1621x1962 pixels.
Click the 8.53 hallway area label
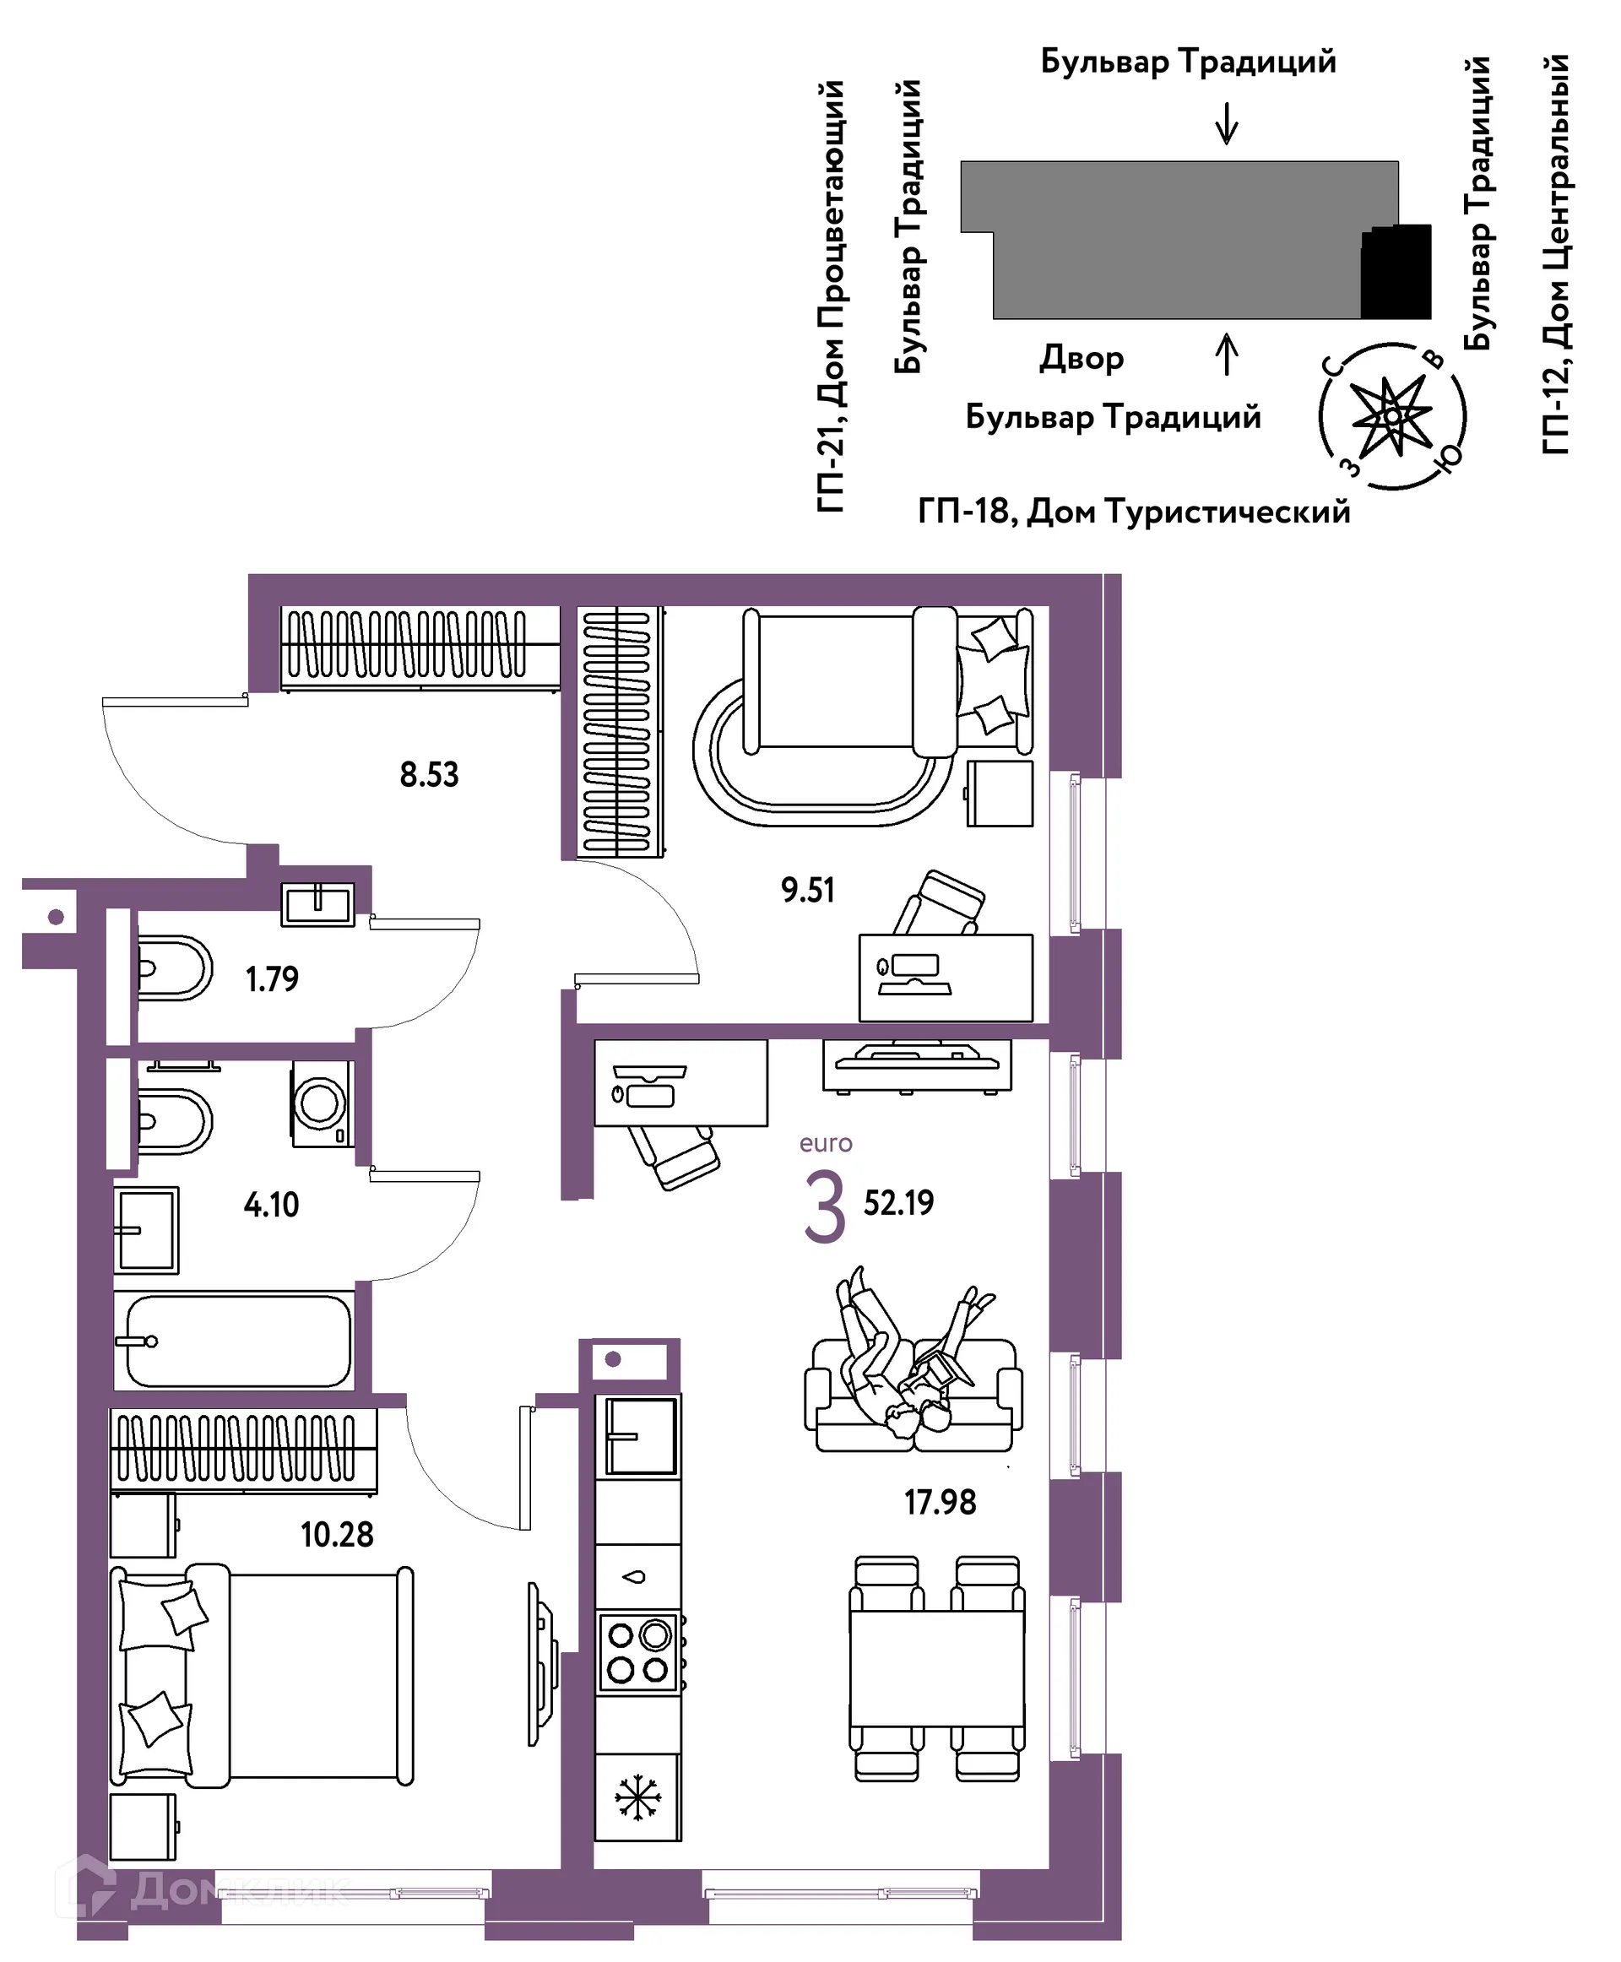click(429, 775)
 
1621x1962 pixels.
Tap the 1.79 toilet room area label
click(272, 978)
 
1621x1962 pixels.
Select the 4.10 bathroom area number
click(271, 1205)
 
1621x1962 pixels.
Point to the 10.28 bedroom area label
click(336, 1534)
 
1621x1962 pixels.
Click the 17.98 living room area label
click(940, 1502)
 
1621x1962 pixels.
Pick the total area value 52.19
click(898, 1203)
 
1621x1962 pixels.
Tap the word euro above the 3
click(826, 1144)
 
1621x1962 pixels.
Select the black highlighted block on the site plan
click(1396, 272)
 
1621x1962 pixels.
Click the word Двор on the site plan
click(1082, 359)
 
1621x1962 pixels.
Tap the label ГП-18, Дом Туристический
click(1134, 512)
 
